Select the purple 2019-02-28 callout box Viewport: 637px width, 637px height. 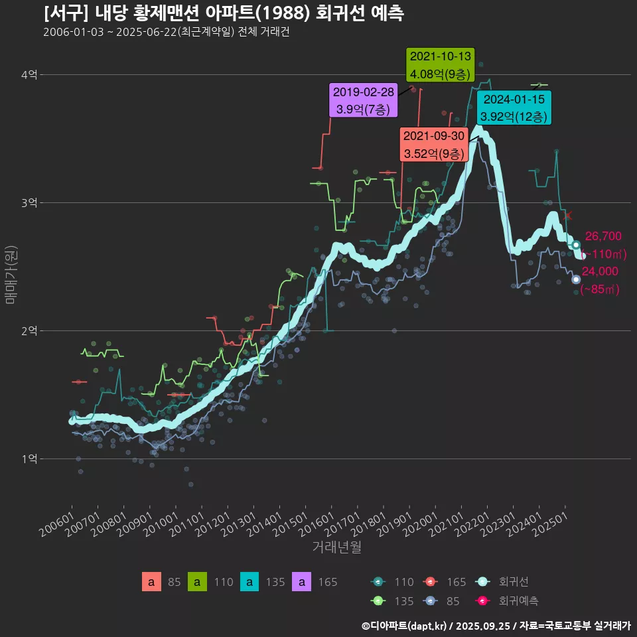pyautogui.click(x=363, y=101)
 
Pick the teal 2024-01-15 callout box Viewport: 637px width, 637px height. pyautogui.click(x=514, y=108)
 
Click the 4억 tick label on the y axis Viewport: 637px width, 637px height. pyautogui.click(x=29, y=75)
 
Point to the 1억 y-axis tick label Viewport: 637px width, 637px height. pyautogui.click(x=29, y=459)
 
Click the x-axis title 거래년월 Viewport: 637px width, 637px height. pyautogui.click(x=336, y=547)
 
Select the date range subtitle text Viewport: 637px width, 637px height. pyautogui.click(x=166, y=32)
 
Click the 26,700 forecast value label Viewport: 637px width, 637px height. pyautogui.click(x=603, y=236)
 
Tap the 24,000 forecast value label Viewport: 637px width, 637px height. pyautogui.click(x=600, y=271)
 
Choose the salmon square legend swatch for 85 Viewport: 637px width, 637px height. pyautogui.click(x=151, y=582)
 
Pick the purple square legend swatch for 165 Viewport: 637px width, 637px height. pyautogui.click(x=302, y=582)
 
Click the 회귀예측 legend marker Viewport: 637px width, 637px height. pyautogui.click(x=483, y=601)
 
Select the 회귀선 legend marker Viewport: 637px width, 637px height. pyautogui.click(x=483, y=582)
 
